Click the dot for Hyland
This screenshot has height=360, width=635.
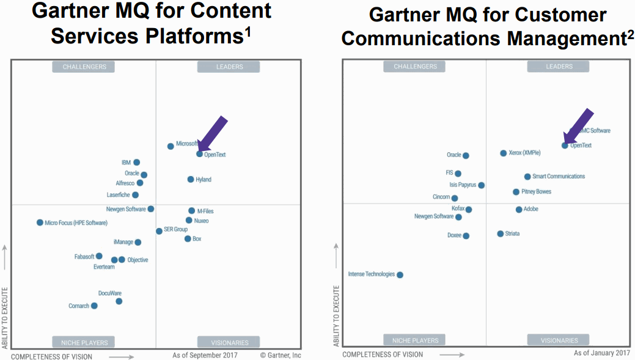point(191,179)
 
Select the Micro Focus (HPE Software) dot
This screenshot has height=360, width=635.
point(40,222)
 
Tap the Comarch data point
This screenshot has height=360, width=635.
point(94,306)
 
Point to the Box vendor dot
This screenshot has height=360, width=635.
point(188,238)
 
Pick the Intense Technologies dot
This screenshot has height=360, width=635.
point(400,274)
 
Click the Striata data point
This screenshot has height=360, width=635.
point(500,233)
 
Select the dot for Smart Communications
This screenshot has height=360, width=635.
point(527,177)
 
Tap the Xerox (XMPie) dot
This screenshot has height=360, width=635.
point(503,153)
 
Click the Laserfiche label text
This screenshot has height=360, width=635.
point(119,195)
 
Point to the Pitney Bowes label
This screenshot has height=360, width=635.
point(536,192)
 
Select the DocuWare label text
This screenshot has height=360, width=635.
point(110,293)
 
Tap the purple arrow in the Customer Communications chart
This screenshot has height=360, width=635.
point(578,127)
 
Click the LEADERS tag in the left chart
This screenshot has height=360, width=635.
point(229,67)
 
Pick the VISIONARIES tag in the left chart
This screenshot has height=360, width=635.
point(229,342)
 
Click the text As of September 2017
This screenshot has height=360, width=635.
point(205,355)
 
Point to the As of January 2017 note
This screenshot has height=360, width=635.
point(601,353)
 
